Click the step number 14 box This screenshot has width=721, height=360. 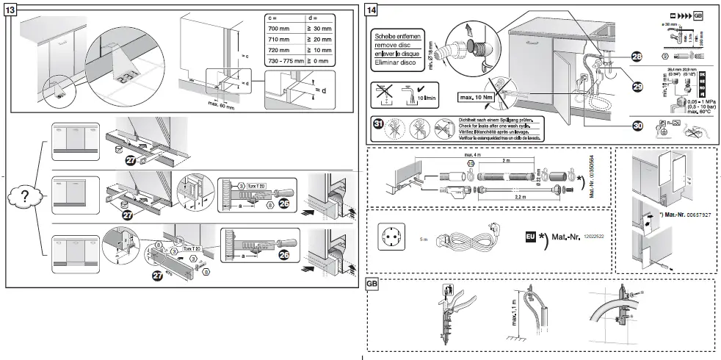pos(372,10)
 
